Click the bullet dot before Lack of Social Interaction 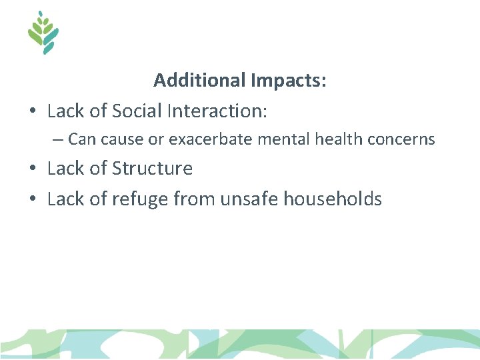point(33,111)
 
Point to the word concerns point(401,139)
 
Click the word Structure point(153,169)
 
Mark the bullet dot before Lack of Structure point(33,169)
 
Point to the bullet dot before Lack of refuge point(33,199)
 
